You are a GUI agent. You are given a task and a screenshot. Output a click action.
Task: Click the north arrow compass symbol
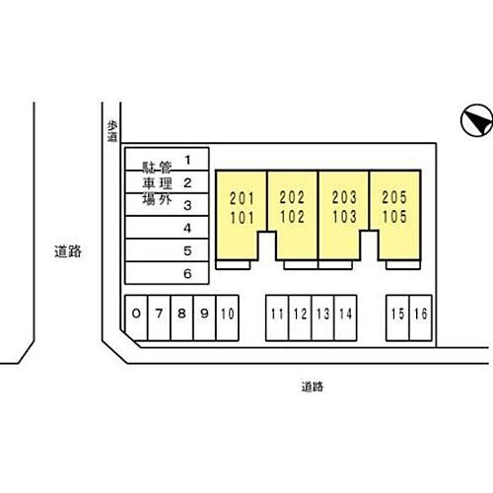[x=477, y=120]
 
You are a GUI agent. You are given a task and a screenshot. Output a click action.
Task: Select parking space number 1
[x=167, y=159]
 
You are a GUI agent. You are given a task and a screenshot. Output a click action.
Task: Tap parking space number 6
[x=167, y=273]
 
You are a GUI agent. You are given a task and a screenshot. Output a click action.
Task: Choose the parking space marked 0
[x=136, y=317]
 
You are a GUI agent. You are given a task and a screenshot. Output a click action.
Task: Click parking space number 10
[x=228, y=317]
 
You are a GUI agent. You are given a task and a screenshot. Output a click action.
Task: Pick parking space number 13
[x=322, y=317]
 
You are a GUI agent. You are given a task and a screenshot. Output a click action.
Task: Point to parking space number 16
[x=421, y=317]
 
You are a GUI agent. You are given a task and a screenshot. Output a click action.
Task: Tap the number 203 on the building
[x=344, y=197]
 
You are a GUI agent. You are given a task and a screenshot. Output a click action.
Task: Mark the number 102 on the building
[x=292, y=217]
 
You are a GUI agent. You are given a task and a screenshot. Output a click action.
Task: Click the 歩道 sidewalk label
[x=112, y=131]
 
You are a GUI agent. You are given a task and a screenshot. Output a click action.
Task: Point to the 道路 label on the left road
[x=68, y=251]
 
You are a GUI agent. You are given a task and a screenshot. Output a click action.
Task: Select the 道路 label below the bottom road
[x=313, y=387]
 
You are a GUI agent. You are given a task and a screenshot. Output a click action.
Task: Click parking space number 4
[x=167, y=228]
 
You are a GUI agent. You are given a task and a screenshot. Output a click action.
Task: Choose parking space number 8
[x=181, y=317]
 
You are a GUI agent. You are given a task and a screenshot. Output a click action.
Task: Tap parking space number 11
[x=277, y=317]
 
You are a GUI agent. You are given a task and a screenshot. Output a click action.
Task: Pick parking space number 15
[x=397, y=317]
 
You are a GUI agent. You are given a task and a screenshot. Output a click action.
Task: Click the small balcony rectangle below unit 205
[x=403, y=265]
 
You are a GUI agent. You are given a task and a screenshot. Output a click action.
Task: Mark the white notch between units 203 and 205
[x=369, y=246]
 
